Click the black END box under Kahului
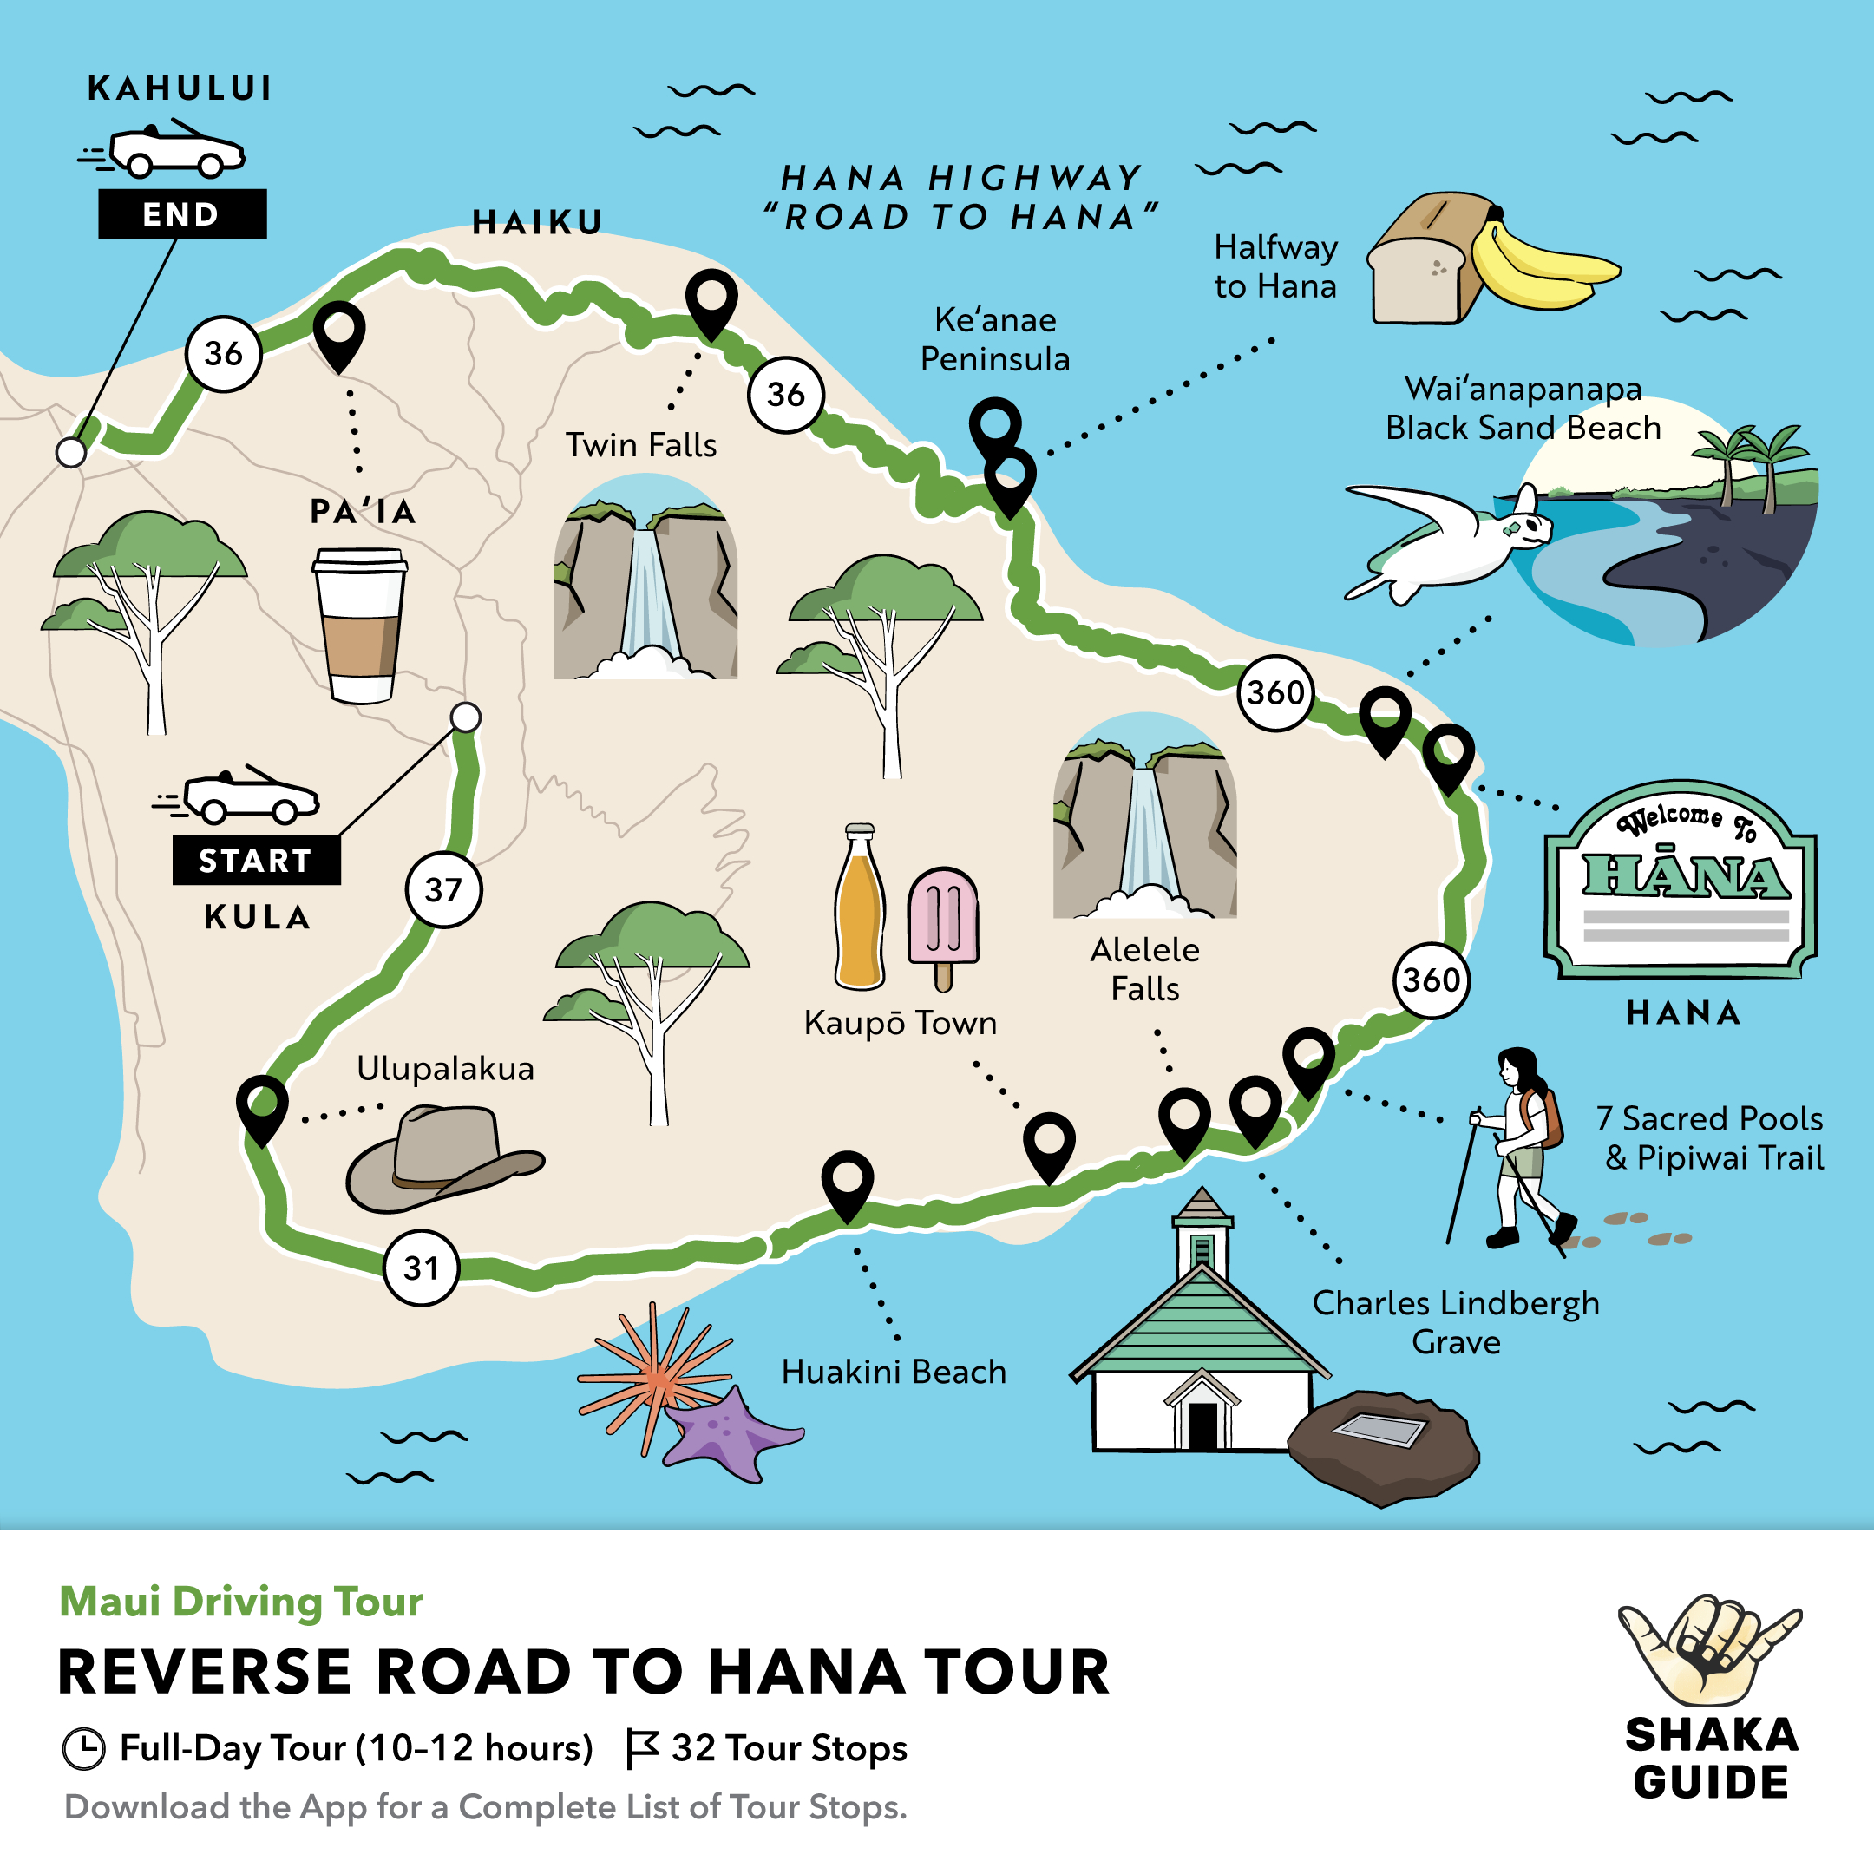(x=181, y=213)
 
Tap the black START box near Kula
(x=256, y=860)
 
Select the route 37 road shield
(x=443, y=889)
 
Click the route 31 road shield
(x=421, y=1268)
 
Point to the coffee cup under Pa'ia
(x=360, y=626)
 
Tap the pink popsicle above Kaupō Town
(x=943, y=922)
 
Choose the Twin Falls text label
(x=641, y=445)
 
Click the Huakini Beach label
(x=894, y=1372)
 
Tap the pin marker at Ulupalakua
(x=262, y=1106)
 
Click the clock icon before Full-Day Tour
(x=83, y=1749)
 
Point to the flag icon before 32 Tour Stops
(x=642, y=1748)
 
